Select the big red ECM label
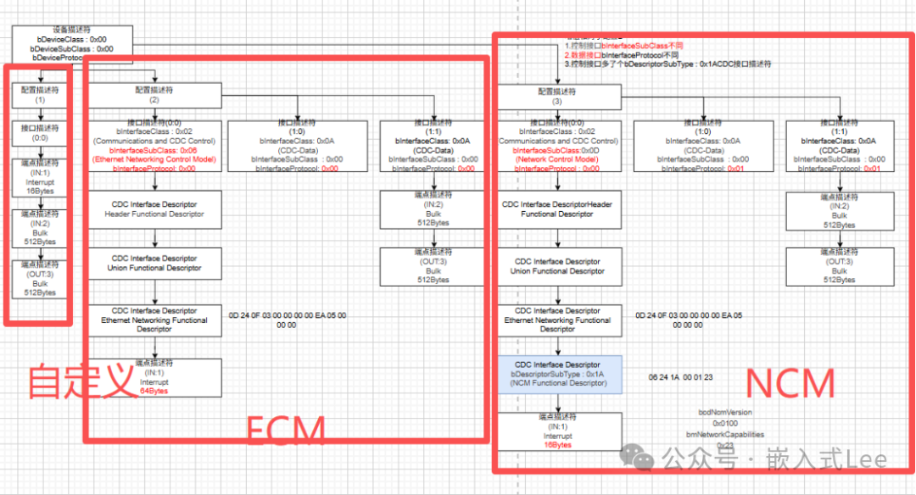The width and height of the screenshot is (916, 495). (x=286, y=431)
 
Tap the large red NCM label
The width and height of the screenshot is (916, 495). (x=790, y=385)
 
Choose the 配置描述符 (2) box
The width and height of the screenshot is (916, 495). (x=154, y=95)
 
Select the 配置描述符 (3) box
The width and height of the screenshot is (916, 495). (x=556, y=96)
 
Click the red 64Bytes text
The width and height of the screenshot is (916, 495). (x=154, y=391)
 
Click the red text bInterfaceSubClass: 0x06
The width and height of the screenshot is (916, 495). (x=154, y=150)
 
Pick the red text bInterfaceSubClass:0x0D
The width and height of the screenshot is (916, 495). (x=556, y=150)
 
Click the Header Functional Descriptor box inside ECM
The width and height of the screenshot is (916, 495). (x=154, y=209)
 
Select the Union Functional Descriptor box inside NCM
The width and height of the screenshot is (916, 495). (x=556, y=266)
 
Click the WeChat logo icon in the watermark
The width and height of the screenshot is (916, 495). (x=637, y=458)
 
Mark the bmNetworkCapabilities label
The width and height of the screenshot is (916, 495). (x=726, y=433)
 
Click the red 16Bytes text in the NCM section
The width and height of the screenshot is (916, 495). (x=556, y=444)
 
